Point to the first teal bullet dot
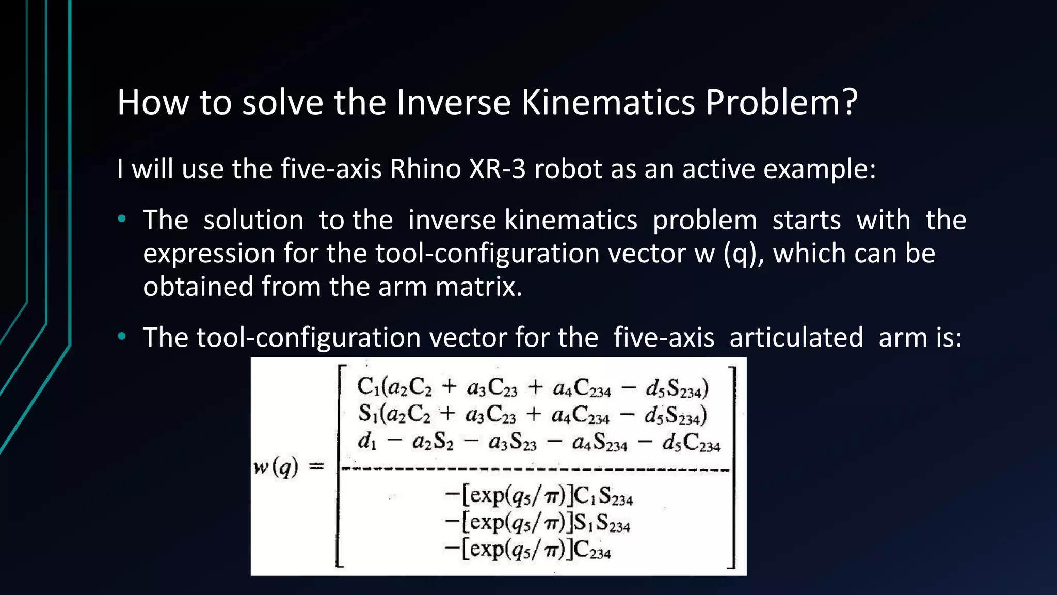coord(122,219)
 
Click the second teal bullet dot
coord(122,337)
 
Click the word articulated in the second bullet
coord(796,338)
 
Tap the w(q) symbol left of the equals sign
coord(276,467)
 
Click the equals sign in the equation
coord(316,467)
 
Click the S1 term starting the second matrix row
coord(367,414)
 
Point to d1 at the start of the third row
coord(367,442)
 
